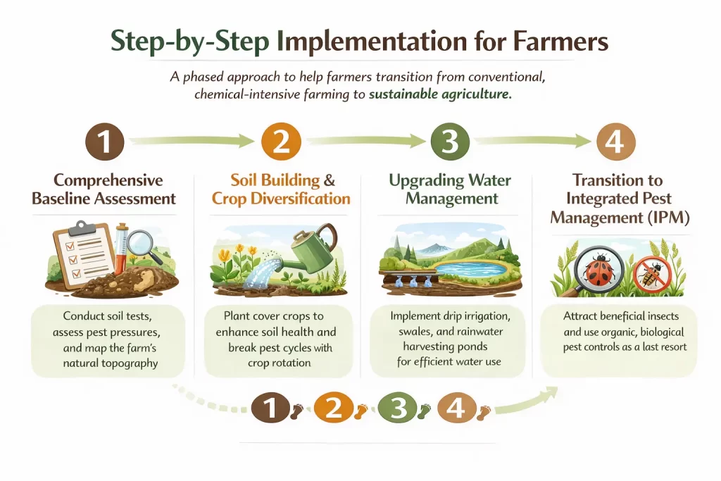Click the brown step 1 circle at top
[104, 142]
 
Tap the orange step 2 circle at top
[280, 142]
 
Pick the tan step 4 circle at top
[615, 142]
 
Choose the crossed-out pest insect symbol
[652, 273]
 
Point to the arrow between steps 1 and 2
[192, 142]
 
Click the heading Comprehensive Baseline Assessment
[104, 189]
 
